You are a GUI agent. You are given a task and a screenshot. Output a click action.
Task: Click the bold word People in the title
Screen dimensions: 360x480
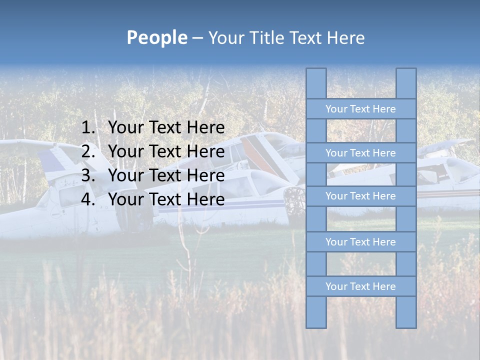tap(156, 37)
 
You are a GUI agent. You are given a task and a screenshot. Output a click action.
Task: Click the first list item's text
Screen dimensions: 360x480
tap(166, 128)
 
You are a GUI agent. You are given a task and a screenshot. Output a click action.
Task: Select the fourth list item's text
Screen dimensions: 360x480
tap(166, 199)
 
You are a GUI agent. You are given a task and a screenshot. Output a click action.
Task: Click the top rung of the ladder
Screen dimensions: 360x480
tap(360, 109)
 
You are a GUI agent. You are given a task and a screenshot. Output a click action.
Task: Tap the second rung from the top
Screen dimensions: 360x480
tap(360, 153)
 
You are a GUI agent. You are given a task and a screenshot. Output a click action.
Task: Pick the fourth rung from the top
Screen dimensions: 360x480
tap(360, 242)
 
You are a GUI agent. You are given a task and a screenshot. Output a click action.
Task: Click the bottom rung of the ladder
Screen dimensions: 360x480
tap(360, 286)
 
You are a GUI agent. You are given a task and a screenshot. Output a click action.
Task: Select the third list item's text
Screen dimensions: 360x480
tap(166, 175)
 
